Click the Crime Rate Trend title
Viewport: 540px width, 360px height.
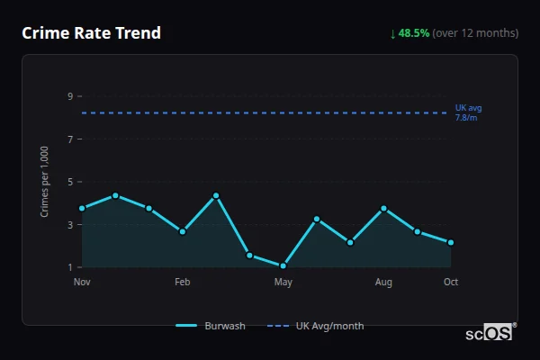tap(91, 33)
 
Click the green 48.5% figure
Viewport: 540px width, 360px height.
tap(414, 33)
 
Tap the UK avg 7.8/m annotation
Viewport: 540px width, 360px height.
tap(468, 112)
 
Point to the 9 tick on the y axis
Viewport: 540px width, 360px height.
tap(69, 96)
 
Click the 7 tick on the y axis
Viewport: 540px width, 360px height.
tap(69, 139)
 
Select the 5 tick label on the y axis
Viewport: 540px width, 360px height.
tap(69, 182)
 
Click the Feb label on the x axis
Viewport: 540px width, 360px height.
tap(183, 283)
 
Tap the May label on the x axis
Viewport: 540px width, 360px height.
tap(283, 283)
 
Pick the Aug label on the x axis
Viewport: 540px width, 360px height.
tap(383, 283)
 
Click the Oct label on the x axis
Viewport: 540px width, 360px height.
tap(451, 283)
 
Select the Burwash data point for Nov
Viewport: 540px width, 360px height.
tap(82, 208)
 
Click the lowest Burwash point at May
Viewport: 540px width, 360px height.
tap(283, 265)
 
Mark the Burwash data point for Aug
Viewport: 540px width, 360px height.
tap(383, 208)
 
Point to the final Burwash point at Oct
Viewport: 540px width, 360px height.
tap(451, 242)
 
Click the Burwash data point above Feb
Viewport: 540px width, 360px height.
tap(183, 231)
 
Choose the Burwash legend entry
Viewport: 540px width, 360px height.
tap(211, 326)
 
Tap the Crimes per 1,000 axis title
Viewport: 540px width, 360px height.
tap(45, 182)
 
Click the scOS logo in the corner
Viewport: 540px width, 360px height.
tap(490, 332)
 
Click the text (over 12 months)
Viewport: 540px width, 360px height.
tap(475, 33)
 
